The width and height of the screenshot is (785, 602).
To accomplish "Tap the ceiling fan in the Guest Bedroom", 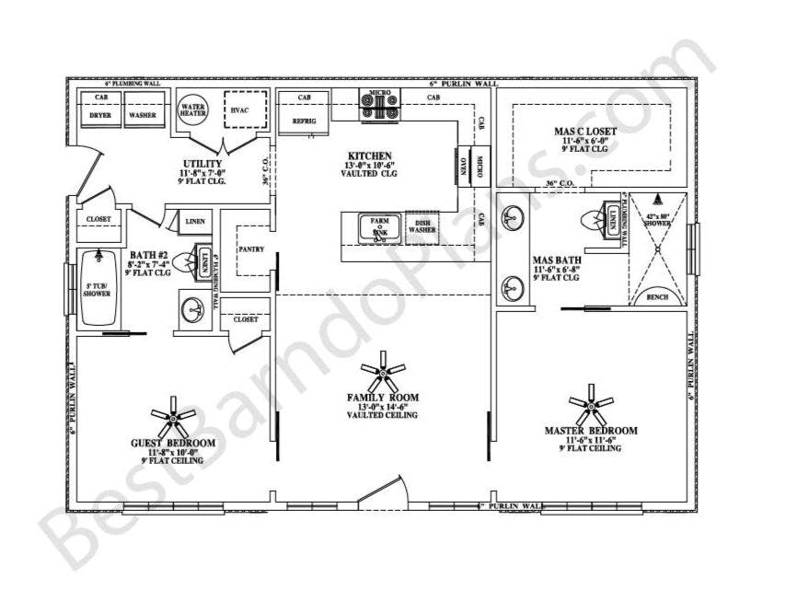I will coord(173,420).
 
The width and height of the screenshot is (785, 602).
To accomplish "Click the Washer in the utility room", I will coord(141,115).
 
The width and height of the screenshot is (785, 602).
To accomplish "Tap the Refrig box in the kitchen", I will coord(305,121).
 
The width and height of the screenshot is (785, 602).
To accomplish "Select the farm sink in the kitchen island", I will coord(379,229).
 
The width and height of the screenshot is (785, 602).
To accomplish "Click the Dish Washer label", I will coord(423,226).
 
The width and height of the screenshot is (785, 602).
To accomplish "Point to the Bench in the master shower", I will coord(657,297).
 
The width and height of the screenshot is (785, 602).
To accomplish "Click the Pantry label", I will coord(251,249).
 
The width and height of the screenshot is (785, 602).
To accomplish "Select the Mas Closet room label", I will coord(585,132).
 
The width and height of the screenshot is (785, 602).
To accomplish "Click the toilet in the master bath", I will coord(595,221).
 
